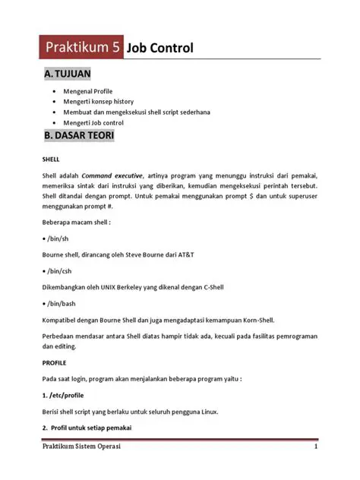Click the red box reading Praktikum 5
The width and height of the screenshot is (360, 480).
[83, 49]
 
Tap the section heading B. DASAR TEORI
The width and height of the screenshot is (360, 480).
[79, 137]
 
